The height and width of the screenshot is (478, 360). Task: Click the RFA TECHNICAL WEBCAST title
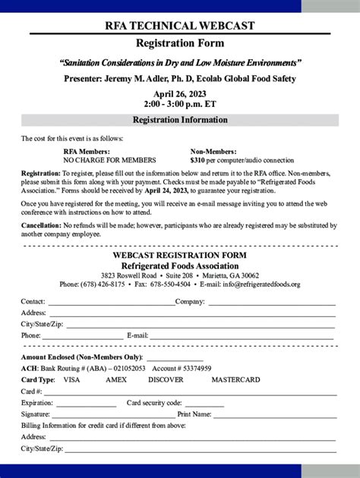(x=179, y=26)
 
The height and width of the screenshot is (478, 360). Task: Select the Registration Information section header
(x=180, y=120)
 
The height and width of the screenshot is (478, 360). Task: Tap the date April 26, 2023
(x=179, y=93)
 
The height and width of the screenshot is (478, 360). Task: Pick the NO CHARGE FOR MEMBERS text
(x=109, y=161)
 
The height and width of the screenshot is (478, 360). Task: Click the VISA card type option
(x=71, y=379)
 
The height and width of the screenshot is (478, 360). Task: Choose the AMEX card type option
(x=116, y=379)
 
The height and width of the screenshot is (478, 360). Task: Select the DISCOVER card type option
(x=166, y=379)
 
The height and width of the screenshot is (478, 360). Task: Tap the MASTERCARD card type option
(x=235, y=379)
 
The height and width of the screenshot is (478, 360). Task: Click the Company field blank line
(x=271, y=303)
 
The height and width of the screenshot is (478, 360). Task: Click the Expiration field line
(x=85, y=404)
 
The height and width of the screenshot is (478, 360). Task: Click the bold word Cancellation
(x=41, y=226)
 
